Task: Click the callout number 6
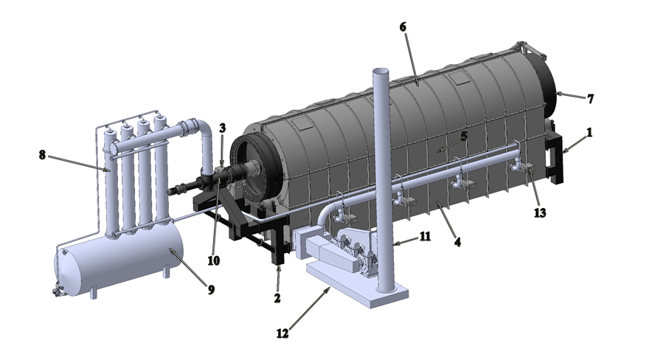click(x=403, y=27)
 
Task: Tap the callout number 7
click(x=590, y=99)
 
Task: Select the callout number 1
click(x=589, y=133)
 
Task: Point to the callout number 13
click(x=540, y=213)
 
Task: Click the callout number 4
click(x=457, y=241)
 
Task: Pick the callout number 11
click(x=425, y=237)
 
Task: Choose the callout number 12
click(x=282, y=333)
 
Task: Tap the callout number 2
click(x=277, y=298)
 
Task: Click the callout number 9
click(x=211, y=290)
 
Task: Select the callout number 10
click(x=213, y=260)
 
